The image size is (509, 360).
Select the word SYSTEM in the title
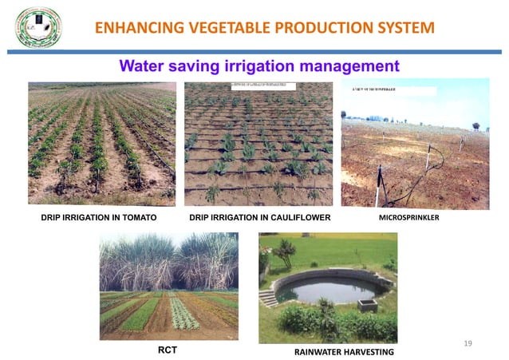pos(405,29)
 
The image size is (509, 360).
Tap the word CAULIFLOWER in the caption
pos(297,217)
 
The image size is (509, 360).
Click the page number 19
pos(468,343)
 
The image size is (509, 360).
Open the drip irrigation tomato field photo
pos(102,143)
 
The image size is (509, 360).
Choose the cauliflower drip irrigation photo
pos(258,143)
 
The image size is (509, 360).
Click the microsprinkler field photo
pos(415,143)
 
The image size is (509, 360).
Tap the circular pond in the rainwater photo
pos(327,288)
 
